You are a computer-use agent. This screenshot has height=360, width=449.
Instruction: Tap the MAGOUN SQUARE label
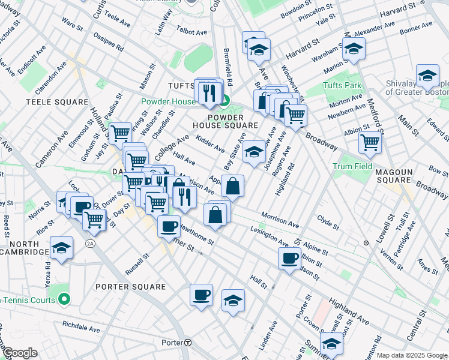click(x=394, y=172)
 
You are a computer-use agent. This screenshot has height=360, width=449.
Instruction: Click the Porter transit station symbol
click(x=188, y=343)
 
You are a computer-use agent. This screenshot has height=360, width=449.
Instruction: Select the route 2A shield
click(x=90, y=243)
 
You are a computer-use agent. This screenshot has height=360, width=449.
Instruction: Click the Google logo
click(x=19, y=352)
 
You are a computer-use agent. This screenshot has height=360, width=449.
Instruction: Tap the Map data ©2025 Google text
click(x=412, y=355)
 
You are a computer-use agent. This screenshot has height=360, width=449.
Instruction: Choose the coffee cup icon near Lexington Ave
click(x=289, y=259)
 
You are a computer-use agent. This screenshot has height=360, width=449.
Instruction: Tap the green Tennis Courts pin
click(x=65, y=298)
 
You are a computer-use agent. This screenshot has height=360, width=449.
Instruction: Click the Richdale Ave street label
click(x=81, y=328)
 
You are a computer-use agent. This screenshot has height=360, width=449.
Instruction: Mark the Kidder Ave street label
click(x=210, y=145)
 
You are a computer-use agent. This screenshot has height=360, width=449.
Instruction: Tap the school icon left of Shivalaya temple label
click(x=427, y=76)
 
